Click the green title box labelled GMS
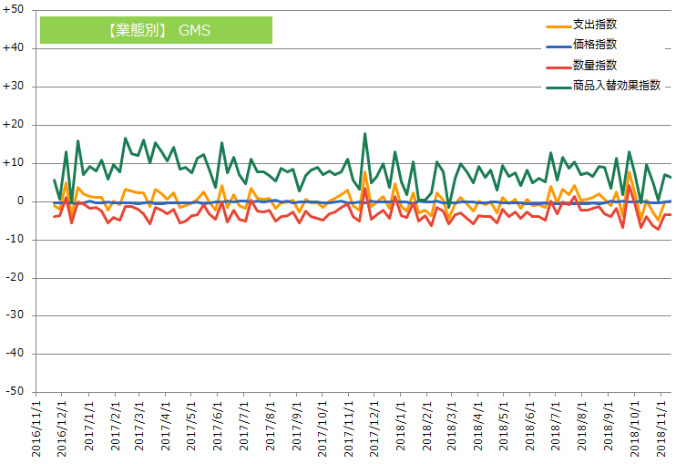[x=156, y=30]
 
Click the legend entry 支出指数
[x=596, y=24]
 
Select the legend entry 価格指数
[x=596, y=44]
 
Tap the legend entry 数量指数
[x=596, y=65]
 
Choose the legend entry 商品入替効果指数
[x=616, y=86]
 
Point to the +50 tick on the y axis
[x=15, y=10]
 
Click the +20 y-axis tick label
[x=15, y=124]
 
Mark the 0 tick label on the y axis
[x=21, y=201]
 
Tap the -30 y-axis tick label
[x=15, y=314]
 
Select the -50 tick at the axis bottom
[x=15, y=391]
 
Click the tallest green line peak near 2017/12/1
[x=365, y=134]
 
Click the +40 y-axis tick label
[x=15, y=48]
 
